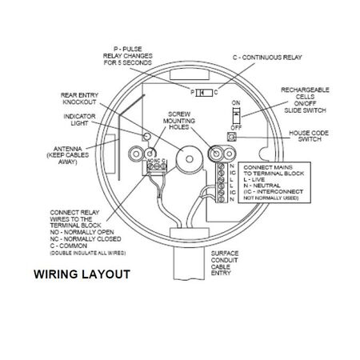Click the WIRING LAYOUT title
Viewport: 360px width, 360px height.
click(82, 274)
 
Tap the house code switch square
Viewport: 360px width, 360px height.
click(232, 137)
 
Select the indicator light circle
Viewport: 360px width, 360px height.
click(146, 137)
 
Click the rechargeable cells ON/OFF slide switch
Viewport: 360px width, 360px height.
click(237, 115)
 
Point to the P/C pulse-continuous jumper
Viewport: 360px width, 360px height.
click(204, 93)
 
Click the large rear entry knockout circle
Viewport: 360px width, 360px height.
click(189, 159)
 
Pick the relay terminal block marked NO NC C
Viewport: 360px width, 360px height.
click(157, 167)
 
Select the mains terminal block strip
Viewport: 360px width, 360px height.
click(221, 182)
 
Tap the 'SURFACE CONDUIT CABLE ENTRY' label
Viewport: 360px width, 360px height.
click(225, 263)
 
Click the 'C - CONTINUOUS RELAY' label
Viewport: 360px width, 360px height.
click(267, 58)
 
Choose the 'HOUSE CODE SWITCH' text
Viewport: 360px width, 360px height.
click(309, 136)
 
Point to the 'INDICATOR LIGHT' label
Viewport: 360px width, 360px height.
click(79, 120)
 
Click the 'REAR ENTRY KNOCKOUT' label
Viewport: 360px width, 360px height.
click(79, 98)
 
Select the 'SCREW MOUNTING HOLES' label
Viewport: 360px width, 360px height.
click(179, 121)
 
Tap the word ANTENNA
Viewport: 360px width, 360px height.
click(68, 149)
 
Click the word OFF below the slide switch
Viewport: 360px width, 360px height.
click(236, 127)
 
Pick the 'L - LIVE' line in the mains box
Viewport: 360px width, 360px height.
click(254, 179)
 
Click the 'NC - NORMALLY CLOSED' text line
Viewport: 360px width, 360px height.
click(86, 239)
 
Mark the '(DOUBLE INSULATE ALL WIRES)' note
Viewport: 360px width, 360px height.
click(88, 253)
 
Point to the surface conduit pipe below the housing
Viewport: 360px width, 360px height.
click(189, 263)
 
